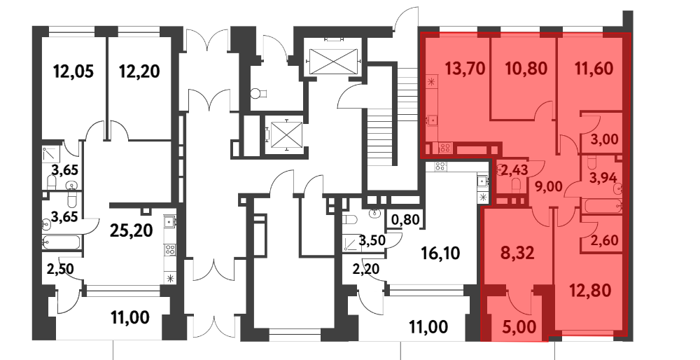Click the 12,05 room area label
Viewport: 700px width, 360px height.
73,71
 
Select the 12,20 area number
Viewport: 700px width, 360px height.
139,71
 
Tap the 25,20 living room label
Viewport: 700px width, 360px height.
132,230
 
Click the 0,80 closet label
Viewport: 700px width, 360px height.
405,220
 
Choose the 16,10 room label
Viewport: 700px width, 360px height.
440,254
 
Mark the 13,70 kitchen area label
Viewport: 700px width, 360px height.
465,69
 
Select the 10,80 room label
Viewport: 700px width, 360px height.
526,69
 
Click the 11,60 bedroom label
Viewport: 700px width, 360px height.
593,69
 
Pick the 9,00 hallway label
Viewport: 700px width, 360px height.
548,186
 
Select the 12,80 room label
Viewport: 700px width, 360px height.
590,291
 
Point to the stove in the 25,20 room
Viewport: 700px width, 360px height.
169,249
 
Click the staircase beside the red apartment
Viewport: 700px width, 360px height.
381,130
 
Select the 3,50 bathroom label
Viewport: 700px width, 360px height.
372,241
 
